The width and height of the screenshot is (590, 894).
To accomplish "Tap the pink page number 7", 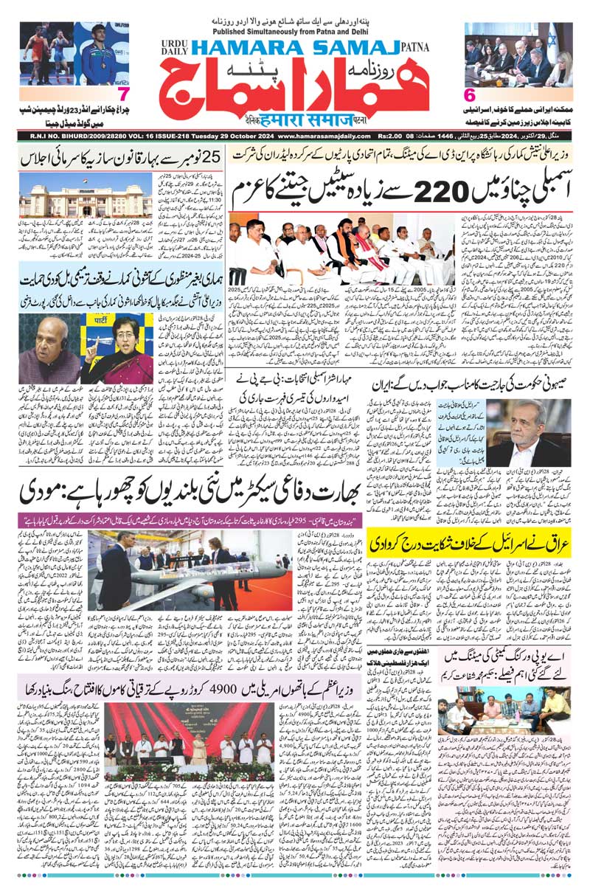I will click(x=123, y=95).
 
